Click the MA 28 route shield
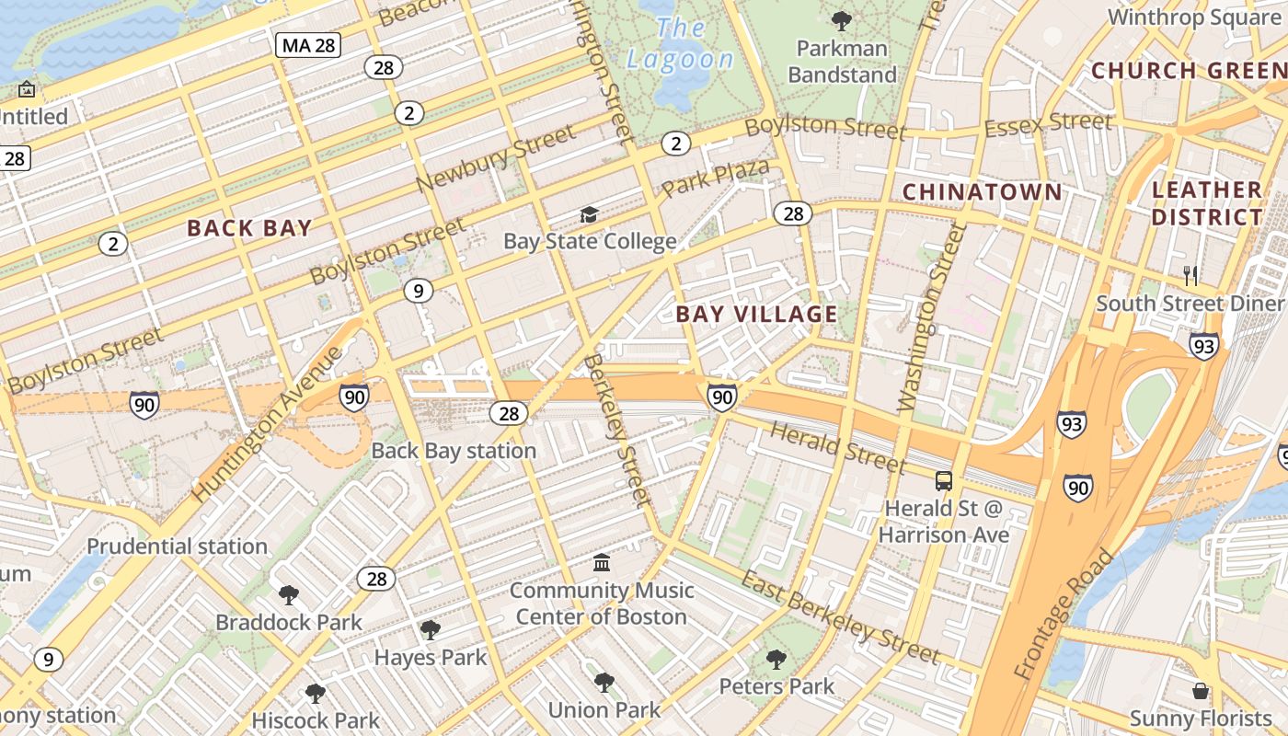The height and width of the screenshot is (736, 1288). (x=308, y=44)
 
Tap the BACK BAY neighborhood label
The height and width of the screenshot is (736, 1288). (x=249, y=228)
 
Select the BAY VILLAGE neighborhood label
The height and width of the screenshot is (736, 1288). (x=756, y=314)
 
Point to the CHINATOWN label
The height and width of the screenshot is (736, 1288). (x=982, y=191)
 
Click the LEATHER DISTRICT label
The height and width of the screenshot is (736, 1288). (x=1207, y=203)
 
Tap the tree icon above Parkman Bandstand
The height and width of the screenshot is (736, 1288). (x=841, y=20)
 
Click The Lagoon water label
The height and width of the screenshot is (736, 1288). (x=680, y=44)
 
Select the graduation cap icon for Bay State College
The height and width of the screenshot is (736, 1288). (x=589, y=215)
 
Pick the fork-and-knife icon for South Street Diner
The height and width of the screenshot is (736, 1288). (x=1190, y=274)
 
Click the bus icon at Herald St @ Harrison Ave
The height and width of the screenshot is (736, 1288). (x=944, y=480)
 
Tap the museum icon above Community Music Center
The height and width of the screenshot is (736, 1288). (x=602, y=562)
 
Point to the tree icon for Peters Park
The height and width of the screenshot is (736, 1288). (x=776, y=659)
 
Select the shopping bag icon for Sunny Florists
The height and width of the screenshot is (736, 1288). (x=1200, y=691)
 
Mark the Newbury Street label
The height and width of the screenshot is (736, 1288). (x=495, y=158)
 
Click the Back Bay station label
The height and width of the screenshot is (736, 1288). (x=454, y=451)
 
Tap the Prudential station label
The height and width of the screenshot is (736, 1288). (x=177, y=546)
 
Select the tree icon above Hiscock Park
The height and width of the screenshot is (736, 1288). (x=315, y=693)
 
